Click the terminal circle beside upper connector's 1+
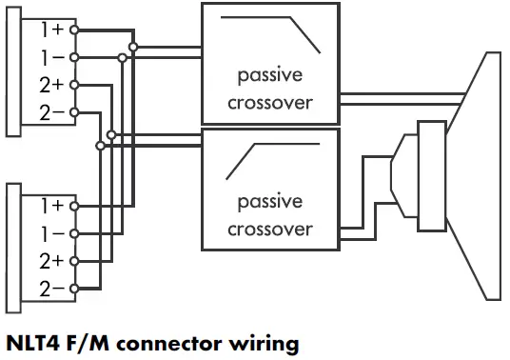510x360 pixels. (x=74, y=30)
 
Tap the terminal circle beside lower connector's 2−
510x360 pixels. (x=74, y=288)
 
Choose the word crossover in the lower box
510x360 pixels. (x=270, y=229)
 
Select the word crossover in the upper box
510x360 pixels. (x=270, y=102)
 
